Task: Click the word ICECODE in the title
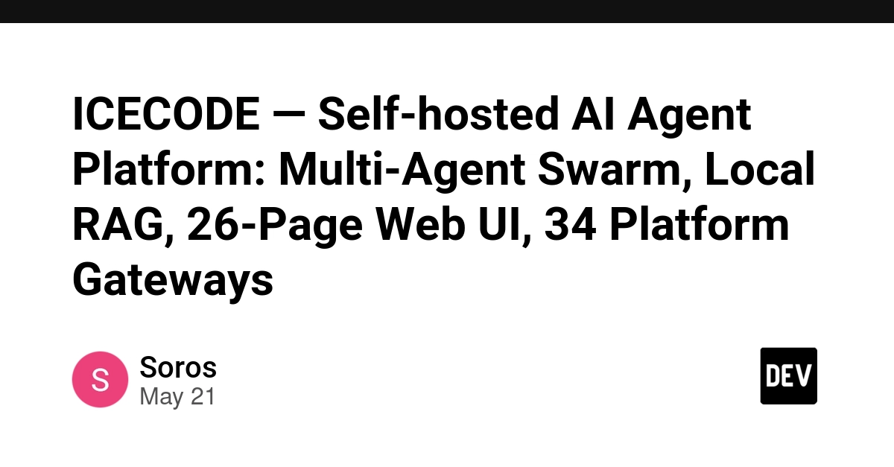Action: coord(166,114)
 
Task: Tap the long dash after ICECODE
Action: coord(289,115)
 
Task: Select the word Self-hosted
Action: coord(438,114)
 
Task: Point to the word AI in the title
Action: coord(592,114)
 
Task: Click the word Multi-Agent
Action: coord(402,169)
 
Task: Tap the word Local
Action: coord(760,169)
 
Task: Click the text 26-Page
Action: coord(275,226)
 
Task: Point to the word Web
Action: coord(420,224)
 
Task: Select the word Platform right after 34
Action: coord(700,224)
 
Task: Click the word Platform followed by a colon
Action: coord(169,169)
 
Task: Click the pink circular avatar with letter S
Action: coord(100,379)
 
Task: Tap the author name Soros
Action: coord(178,367)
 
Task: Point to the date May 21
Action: coord(177,397)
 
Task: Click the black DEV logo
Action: coord(789,376)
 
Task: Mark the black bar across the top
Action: coord(447,11)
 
